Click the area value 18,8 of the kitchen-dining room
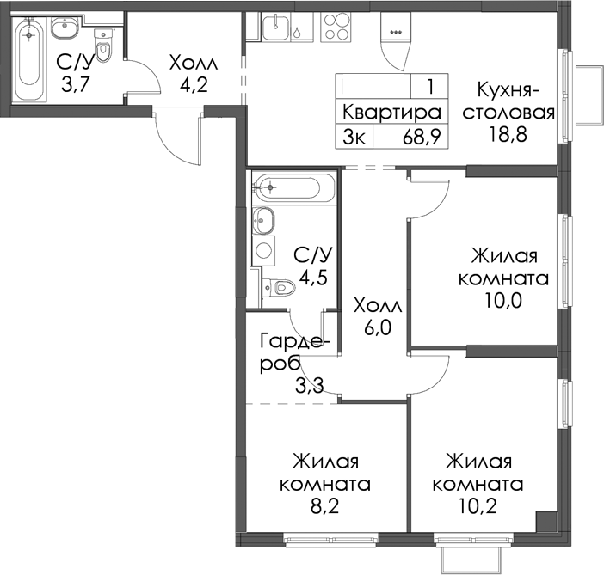[x=508, y=134]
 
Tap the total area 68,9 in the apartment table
[x=422, y=137]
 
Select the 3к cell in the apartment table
[x=354, y=137]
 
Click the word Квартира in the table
[x=391, y=113]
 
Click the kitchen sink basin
[x=275, y=26]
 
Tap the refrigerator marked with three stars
[x=396, y=41]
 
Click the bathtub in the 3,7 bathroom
[x=29, y=59]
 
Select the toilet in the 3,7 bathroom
[x=103, y=46]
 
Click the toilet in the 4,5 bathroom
[x=279, y=287]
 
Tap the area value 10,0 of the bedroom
[x=503, y=301]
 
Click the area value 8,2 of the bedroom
[x=324, y=506]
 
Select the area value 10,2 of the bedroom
[x=478, y=506]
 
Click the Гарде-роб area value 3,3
[x=309, y=385]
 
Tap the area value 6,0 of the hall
[x=377, y=328]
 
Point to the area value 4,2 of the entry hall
[x=194, y=84]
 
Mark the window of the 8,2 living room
[x=331, y=539]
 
